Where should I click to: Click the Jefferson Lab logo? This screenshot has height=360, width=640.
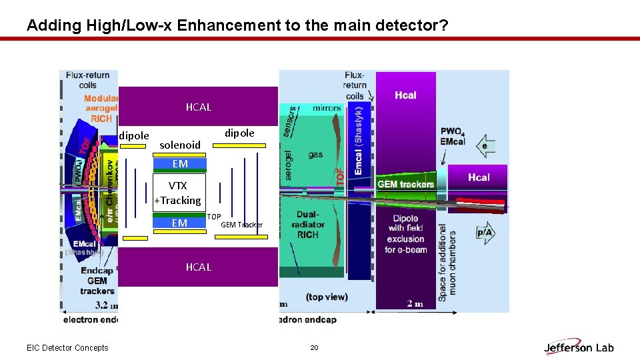(x=579, y=347)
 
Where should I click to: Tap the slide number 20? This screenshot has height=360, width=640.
(x=315, y=347)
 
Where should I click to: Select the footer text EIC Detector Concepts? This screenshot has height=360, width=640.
(x=67, y=347)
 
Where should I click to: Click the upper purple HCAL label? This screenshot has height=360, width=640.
(x=198, y=107)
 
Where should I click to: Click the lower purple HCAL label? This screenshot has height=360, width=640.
(x=198, y=267)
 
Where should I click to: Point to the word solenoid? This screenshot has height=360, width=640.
(x=180, y=145)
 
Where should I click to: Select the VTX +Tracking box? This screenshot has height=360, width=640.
(x=177, y=193)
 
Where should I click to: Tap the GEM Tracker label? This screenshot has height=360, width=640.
(x=241, y=225)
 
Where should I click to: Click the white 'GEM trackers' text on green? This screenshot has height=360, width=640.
(x=405, y=184)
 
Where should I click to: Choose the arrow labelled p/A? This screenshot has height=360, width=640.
(x=485, y=232)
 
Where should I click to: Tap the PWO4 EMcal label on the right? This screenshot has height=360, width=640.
(x=453, y=136)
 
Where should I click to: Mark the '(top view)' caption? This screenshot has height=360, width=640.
(x=327, y=296)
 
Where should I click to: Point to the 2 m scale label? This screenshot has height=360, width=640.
(x=415, y=303)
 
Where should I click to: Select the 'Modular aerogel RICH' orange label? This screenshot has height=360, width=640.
(x=101, y=109)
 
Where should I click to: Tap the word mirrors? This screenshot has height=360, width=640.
(x=327, y=108)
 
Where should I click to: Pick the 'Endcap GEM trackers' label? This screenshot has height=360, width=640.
(x=97, y=281)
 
